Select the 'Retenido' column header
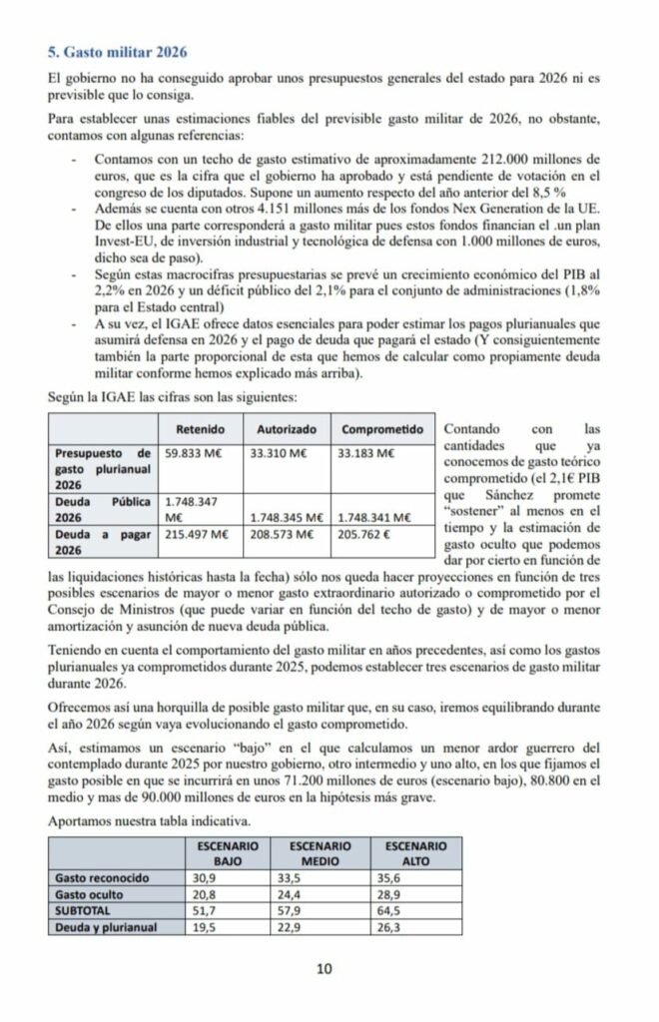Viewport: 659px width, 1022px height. pyautogui.click(x=199, y=429)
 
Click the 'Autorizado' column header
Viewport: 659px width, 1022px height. pyautogui.click(x=287, y=429)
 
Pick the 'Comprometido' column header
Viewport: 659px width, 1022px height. pyautogui.click(x=382, y=429)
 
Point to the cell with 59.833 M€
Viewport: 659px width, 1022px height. pyautogui.click(x=197, y=453)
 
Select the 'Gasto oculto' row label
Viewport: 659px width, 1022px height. pyautogui.click(x=90, y=895)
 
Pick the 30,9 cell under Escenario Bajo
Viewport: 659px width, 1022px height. pyautogui.click(x=204, y=879)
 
